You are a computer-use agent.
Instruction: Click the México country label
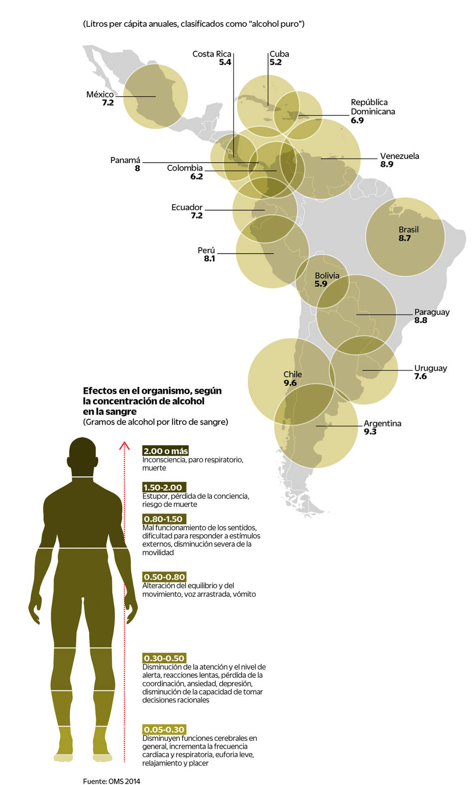click(100, 95)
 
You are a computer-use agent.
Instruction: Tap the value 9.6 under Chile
click(290, 383)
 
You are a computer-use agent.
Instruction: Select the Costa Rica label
click(212, 54)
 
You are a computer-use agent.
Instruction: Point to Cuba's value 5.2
click(276, 62)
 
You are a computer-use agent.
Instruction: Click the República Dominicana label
click(372, 107)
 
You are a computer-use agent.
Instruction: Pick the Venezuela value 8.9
click(386, 165)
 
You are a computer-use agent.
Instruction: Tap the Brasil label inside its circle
click(408, 230)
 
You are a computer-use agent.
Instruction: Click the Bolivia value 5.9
click(321, 284)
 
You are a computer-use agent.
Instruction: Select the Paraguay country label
click(431, 312)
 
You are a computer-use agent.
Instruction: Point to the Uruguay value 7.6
click(420, 376)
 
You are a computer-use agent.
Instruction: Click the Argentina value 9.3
click(370, 431)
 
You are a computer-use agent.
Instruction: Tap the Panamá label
click(125, 160)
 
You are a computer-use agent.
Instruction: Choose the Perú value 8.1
click(209, 259)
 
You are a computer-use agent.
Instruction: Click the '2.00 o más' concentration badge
click(166, 451)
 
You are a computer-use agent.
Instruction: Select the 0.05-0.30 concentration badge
click(164, 729)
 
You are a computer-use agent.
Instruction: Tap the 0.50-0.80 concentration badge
click(164, 577)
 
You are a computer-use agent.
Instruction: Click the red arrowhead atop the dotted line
click(124, 446)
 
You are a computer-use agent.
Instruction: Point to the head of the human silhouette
click(83, 456)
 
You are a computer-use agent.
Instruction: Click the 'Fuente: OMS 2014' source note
click(111, 781)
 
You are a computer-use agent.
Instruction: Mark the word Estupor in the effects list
click(155, 496)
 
